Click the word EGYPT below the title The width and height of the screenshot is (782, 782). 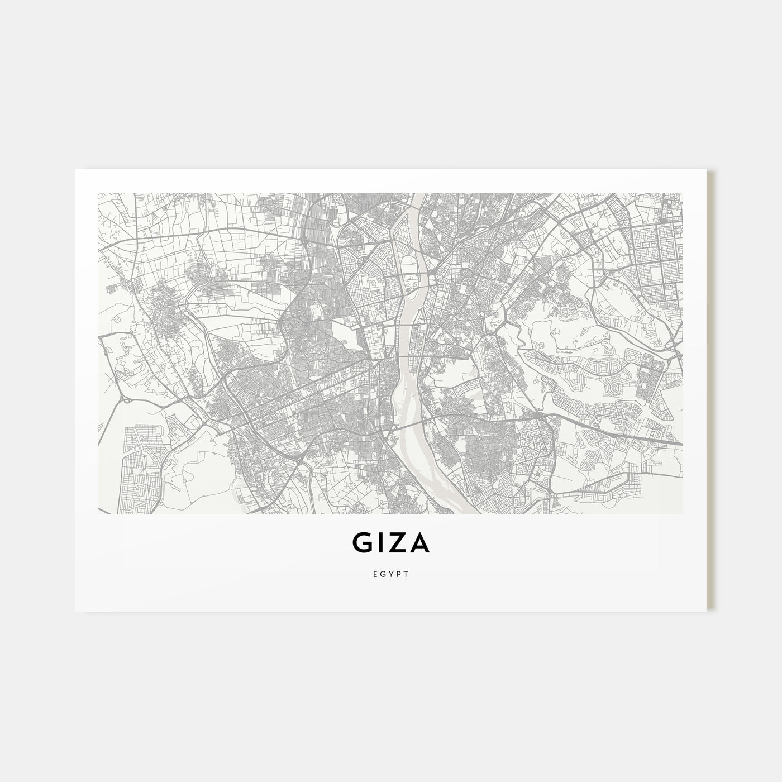(391, 574)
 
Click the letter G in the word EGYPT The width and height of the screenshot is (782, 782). (382, 574)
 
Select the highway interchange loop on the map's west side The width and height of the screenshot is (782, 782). (126, 398)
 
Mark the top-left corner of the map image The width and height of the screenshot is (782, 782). (99, 194)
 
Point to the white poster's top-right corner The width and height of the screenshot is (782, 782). (707, 169)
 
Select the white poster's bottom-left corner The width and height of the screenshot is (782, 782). (75, 611)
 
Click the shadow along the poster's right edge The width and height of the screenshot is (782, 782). (711, 391)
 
